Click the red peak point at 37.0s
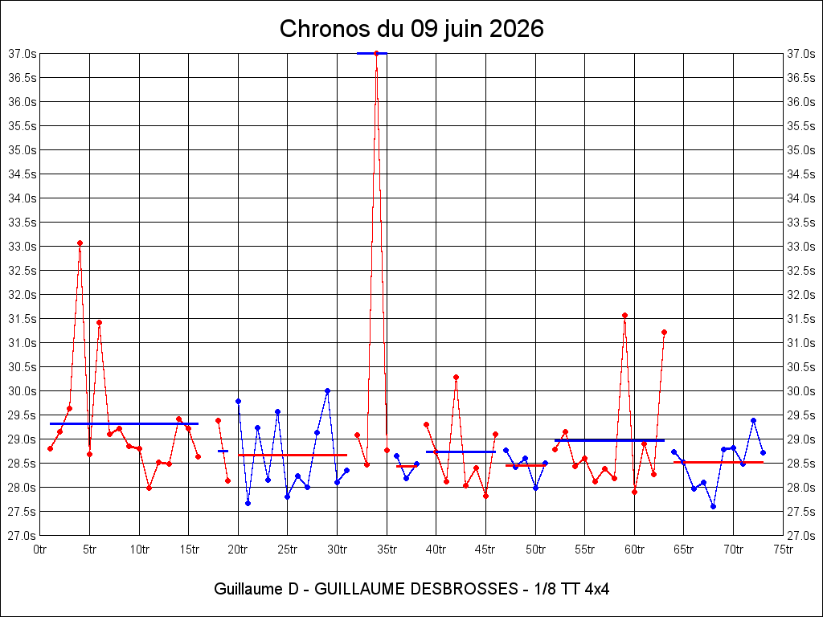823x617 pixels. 376,53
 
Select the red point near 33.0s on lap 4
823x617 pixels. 80,243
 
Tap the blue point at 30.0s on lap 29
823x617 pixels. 328,391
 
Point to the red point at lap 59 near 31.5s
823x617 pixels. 624,315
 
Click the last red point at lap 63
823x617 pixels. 664,332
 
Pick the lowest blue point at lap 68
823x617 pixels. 714,506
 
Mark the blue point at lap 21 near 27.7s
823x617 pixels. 248,503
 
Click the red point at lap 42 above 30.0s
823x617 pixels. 457,378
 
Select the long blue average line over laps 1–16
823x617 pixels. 125,423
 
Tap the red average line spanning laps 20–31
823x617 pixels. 293,455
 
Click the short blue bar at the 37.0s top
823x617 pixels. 371,53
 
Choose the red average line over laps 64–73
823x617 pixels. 719,462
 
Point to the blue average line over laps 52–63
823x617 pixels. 609,440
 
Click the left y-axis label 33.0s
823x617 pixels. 23,247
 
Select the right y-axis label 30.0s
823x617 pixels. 800,391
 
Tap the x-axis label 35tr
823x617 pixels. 387,550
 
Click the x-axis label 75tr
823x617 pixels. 783,550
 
